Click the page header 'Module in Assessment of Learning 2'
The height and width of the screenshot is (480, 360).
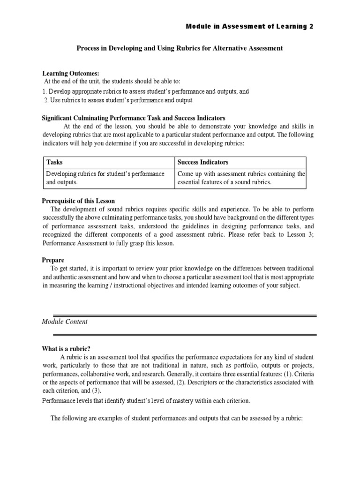(x=249, y=27)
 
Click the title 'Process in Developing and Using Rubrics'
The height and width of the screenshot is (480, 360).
(x=180, y=48)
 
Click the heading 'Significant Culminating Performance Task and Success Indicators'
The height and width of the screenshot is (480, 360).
(x=134, y=118)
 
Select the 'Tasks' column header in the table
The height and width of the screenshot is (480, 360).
(x=54, y=162)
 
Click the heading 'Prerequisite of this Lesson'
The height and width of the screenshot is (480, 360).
(x=79, y=201)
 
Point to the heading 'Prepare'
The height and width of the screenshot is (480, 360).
(x=53, y=260)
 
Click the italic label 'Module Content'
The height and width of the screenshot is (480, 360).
(x=65, y=322)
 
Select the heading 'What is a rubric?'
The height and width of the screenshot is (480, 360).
(x=67, y=348)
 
